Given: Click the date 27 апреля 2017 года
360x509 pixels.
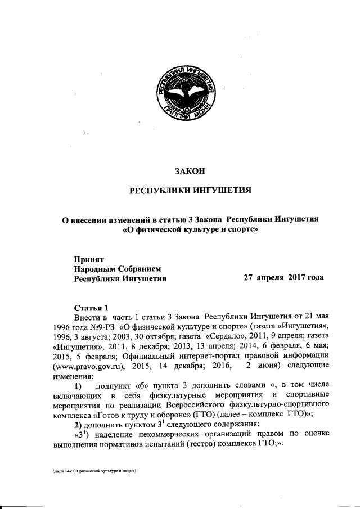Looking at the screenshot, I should [x=283, y=278].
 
